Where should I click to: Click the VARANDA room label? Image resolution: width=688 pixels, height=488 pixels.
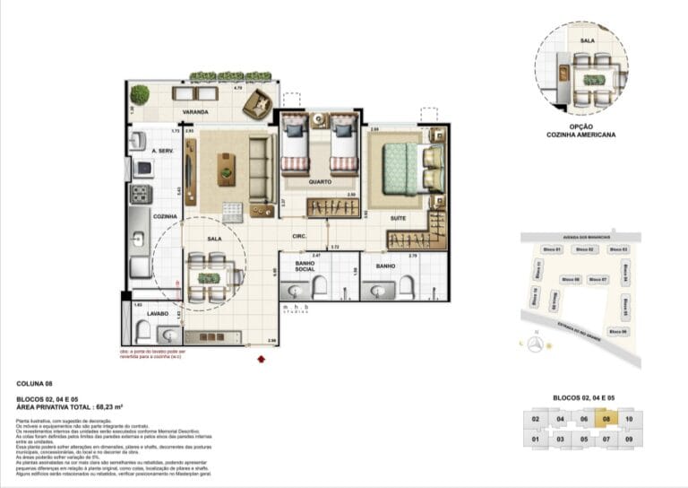pyautogui.click(x=195, y=112)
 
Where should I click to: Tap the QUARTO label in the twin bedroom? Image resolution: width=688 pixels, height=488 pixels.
pyautogui.click(x=320, y=182)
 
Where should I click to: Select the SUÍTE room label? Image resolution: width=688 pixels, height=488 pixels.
pyautogui.click(x=400, y=218)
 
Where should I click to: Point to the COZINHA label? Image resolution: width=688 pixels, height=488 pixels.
pyautogui.click(x=164, y=216)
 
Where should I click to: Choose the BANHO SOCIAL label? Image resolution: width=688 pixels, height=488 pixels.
pyautogui.click(x=310, y=266)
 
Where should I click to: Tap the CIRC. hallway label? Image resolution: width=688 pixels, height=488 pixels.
pyautogui.click(x=300, y=237)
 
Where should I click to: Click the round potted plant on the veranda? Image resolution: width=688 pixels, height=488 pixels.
pyautogui.click(x=140, y=93)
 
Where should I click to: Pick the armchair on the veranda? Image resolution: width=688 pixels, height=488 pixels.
pyautogui.click(x=258, y=104)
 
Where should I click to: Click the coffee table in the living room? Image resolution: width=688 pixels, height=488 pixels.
pyautogui.click(x=227, y=164)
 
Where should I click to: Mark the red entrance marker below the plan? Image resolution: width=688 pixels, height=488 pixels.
pyautogui.click(x=261, y=360)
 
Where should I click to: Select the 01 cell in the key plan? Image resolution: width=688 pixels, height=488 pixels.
pyautogui.click(x=535, y=440)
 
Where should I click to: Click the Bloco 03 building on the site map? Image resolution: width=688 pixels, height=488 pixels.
pyautogui.click(x=618, y=248)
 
